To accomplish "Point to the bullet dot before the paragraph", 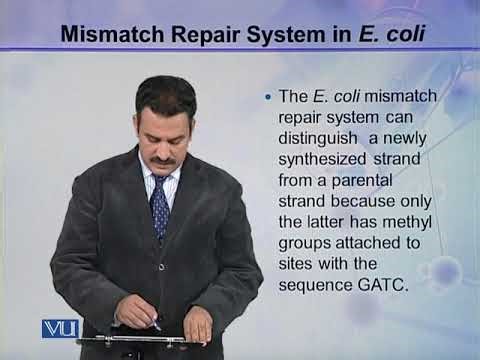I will pos(267,98).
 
